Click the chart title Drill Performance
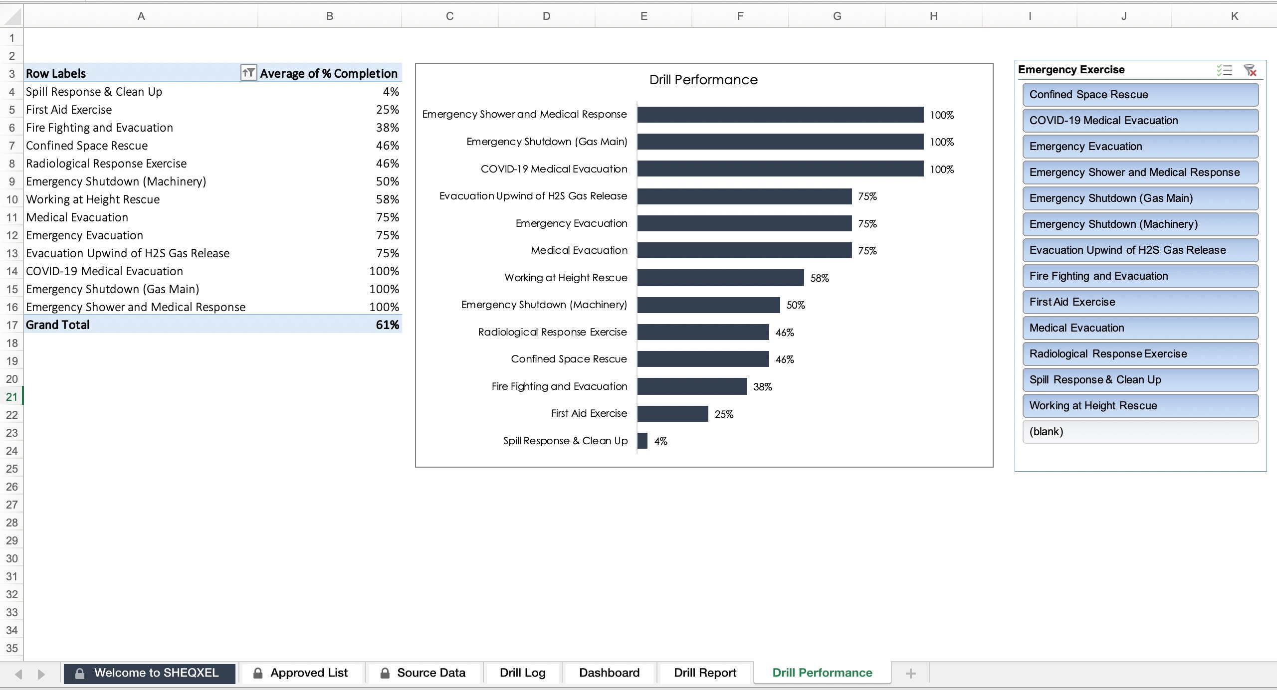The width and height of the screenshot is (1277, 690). tap(703, 80)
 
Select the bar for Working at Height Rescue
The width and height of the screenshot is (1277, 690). tap(720, 278)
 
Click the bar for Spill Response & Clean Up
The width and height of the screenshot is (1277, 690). tap(642, 441)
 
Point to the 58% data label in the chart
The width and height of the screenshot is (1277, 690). tap(820, 278)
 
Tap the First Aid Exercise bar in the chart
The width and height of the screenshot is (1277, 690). tap(672, 414)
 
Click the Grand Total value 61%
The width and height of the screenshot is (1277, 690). tap(387, 325)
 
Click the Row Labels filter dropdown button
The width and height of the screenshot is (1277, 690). tap(248, 73)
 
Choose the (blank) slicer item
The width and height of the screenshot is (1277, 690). tap(1140, 432)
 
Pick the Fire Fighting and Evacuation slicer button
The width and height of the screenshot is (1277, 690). tap(1140, 276)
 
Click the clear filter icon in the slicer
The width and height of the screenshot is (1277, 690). tap(1250, 70)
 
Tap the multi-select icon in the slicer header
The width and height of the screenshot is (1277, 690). tap(1224, 70)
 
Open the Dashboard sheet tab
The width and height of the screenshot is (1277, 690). tap(609, 673)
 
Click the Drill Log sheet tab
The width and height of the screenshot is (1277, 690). tap(522, 673)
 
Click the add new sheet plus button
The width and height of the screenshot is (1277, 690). tap(910, 674)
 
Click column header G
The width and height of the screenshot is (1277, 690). tap(837, 16)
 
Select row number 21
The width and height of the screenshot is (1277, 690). tap(11, 397)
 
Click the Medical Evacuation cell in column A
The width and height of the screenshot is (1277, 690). tap(77, 217)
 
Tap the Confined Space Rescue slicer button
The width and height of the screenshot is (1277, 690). tap(1140, 95)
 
